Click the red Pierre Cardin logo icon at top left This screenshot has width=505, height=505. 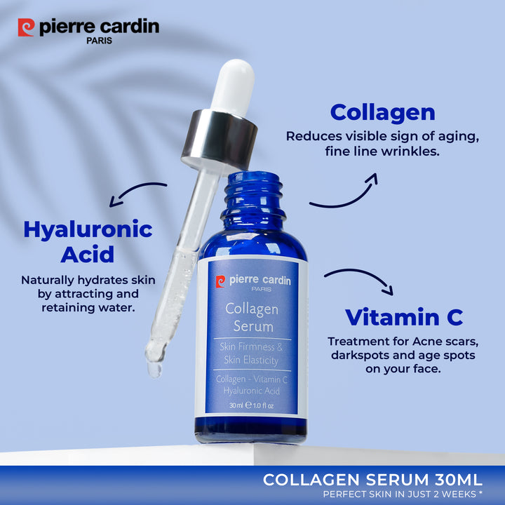click(26, 27)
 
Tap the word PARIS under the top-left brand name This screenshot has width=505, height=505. click(99, 41)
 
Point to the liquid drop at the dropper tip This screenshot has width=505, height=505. click(154, 370)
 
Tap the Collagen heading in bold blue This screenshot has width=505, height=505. click(383, 113)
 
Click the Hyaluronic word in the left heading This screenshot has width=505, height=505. click(88, 230)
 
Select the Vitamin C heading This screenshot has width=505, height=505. click(404, 317)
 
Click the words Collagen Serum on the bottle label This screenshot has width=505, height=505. click(252, 317)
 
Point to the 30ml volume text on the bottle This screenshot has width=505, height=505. click(236, 405)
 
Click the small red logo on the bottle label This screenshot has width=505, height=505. click(221, 281)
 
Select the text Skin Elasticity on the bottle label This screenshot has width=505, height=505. click(251, 360)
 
